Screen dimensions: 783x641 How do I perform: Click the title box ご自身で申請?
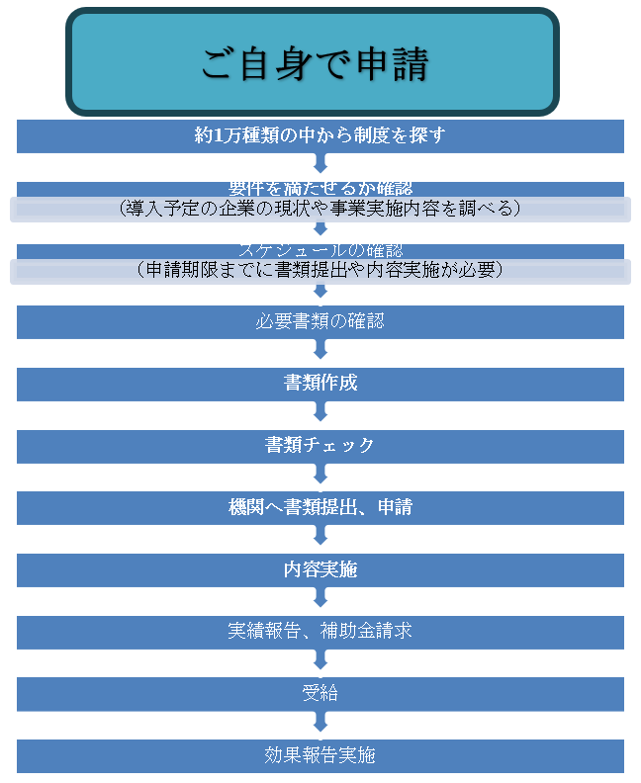313,62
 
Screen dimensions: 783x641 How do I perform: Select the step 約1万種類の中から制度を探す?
320,136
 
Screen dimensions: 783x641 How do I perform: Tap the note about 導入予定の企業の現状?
320,209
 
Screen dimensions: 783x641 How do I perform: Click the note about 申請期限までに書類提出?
320,270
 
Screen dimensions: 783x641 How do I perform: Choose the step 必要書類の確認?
320,321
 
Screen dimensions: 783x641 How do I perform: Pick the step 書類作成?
320,384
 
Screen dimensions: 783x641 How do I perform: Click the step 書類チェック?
320,446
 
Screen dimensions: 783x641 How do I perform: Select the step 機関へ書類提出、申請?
320,508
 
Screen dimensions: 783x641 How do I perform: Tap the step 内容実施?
320,569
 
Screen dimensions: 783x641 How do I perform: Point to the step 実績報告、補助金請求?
320,632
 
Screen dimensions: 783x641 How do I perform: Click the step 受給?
320,693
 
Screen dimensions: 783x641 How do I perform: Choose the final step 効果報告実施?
320,755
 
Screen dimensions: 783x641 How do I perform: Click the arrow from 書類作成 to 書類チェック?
320,414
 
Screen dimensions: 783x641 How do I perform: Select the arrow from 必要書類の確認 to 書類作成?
320,352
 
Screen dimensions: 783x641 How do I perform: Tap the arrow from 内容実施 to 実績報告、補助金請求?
320,600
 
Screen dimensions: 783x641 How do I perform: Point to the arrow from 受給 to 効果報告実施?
320,724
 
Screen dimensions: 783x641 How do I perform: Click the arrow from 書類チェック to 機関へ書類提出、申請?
320,477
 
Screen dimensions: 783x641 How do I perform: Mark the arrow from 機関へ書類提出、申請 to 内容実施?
320,539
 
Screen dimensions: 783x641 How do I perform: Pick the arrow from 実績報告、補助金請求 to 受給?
320,662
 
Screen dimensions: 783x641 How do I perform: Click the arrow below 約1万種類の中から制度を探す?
320,164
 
